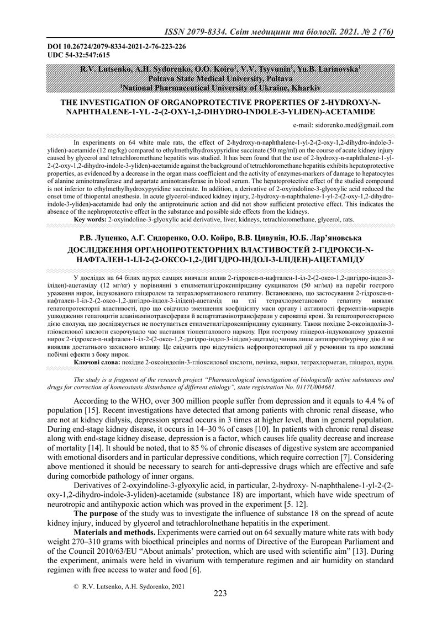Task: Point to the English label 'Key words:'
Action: pos(90,220)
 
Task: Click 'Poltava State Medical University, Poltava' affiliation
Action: pos(220,79)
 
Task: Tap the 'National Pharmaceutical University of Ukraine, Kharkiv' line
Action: pos(220,87)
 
